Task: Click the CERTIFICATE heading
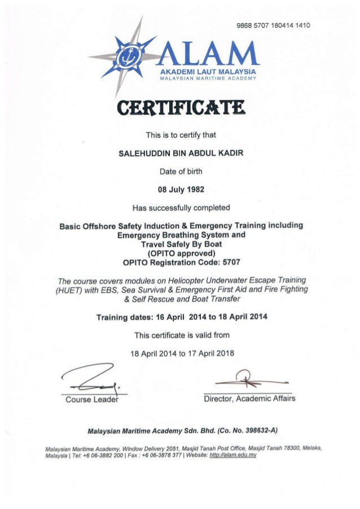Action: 179,106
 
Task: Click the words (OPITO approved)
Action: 179,253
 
